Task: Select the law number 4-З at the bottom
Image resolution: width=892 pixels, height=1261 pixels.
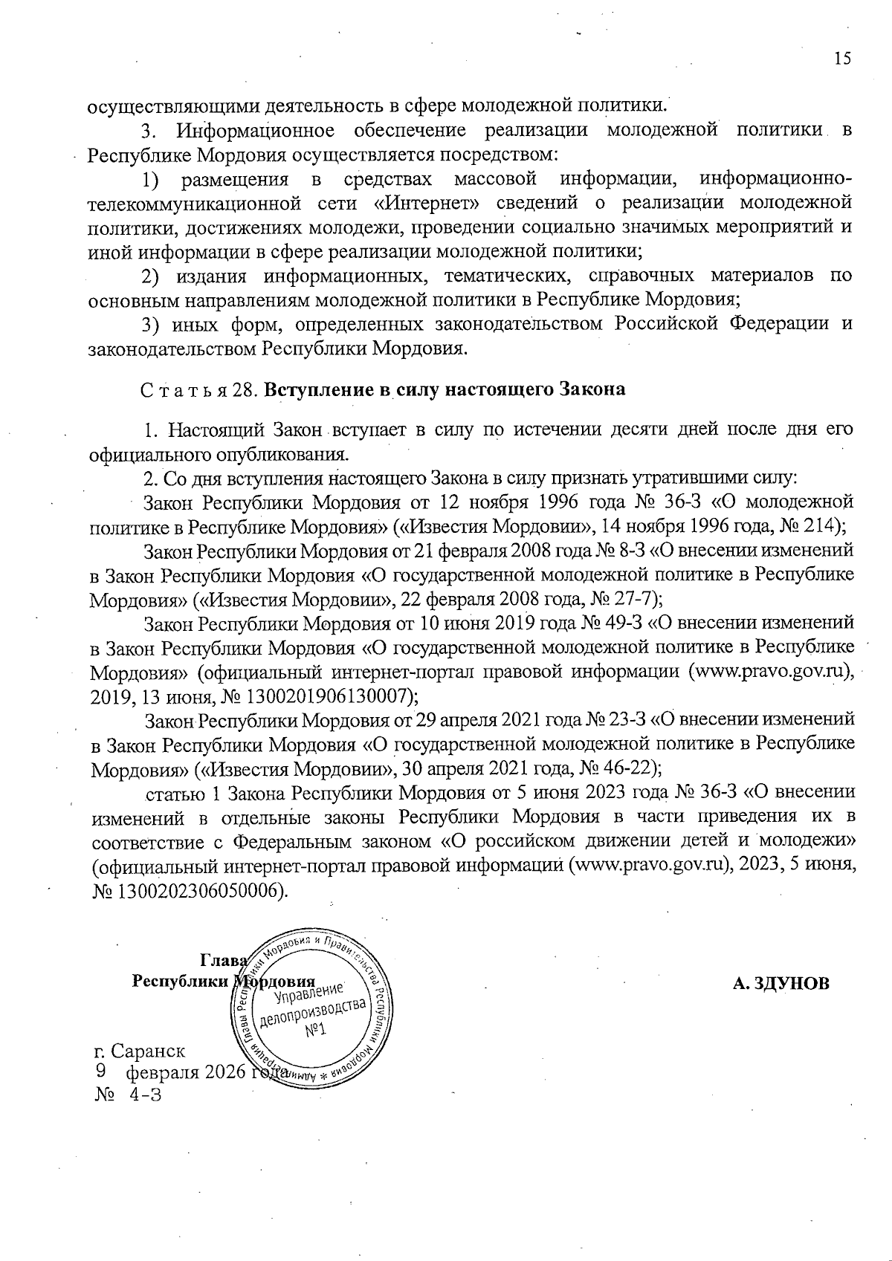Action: (x=145, y=1096)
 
